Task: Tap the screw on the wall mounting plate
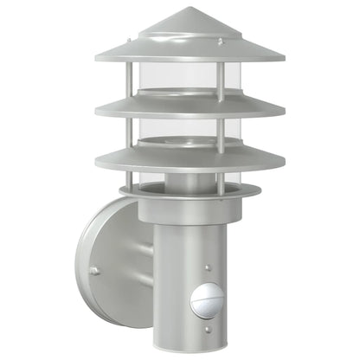93,271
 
